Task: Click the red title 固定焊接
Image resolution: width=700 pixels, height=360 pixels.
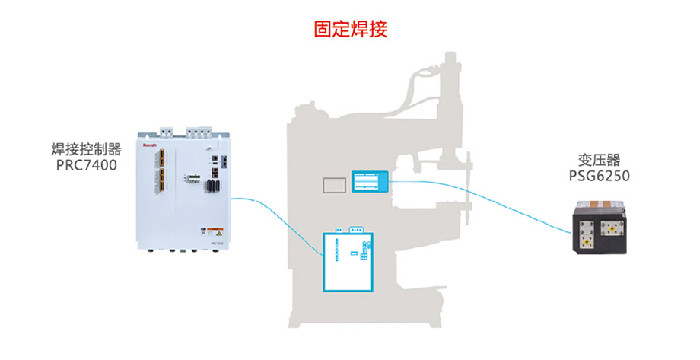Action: pos(351,29)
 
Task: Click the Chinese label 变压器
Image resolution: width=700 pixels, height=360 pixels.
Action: pos(600,160)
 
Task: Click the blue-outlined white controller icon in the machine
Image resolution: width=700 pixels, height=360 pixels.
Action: pos(348,260)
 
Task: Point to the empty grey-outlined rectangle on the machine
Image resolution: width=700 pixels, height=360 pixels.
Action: pos(334,185)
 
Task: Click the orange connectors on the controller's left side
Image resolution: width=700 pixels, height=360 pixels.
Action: pos(161,171)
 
